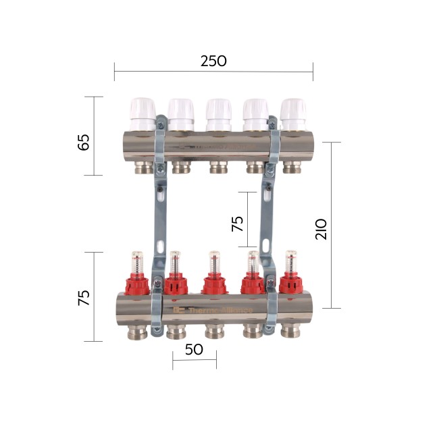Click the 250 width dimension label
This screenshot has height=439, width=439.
coord(213,61)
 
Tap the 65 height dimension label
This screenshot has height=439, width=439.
coord(84,143)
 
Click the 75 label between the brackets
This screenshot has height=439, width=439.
coord(238,224)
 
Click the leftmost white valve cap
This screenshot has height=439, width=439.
coord(143,113)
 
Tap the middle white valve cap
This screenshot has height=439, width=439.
coord(217,113)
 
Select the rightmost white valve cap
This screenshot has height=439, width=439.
coord(292,113)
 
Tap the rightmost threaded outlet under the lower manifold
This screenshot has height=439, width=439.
coord(292,330)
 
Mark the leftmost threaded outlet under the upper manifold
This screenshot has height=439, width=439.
coord(143,166)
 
